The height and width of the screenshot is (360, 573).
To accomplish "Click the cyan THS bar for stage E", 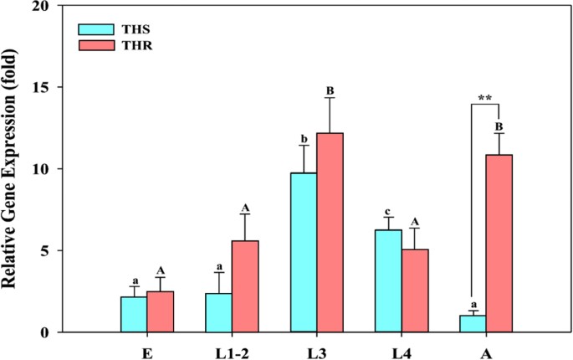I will [x=134, y=315].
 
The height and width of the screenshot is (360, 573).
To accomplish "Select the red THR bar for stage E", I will [x=161, y=312].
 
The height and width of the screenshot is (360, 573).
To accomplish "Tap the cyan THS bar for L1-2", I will [x=218, y=313].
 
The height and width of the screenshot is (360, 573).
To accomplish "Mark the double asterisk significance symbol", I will [x=484, y=98].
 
